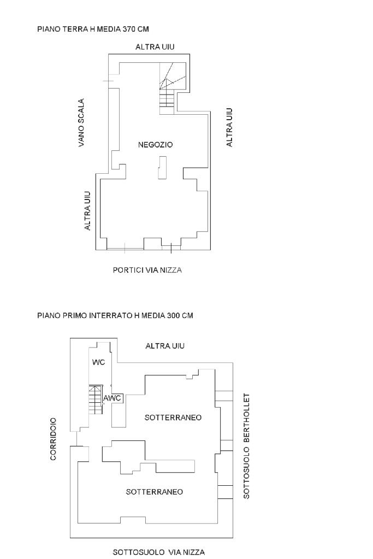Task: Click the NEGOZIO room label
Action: [155, 145]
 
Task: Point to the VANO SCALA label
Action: [81, 123]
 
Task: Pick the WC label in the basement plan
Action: [98, 362]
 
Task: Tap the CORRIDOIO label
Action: [54, 439]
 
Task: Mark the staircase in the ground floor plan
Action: [166, 93]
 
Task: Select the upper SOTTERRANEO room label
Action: [173, 417]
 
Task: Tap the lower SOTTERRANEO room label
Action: [155, 492]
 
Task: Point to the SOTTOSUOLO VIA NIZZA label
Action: [159, 552]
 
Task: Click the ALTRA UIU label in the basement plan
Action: [165, 346]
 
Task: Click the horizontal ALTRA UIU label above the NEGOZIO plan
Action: [155, 48]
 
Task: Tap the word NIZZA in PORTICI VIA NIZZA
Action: [171, 270]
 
